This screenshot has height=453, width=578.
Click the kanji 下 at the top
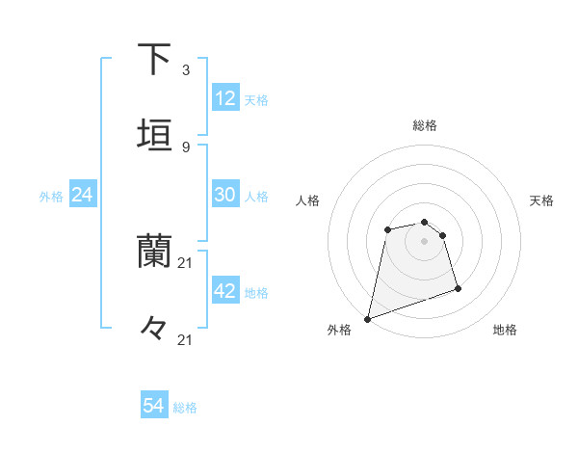[x=154, y=60]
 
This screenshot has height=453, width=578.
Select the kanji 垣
[x=154, y=133]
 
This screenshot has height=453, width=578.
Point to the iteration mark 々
[x=154, y=328]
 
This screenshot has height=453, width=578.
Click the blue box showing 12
[x=225, y=98]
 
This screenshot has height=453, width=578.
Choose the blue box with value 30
[x=225, y=195]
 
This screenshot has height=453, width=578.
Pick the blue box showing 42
[x=225, y=291]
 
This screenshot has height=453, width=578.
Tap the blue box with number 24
[x=83, y=195]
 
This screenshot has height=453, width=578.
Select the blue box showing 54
[x=154, y=407]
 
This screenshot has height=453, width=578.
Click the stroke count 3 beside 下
[x=186, y=70]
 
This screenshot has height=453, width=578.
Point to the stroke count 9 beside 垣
[x=186, y=147]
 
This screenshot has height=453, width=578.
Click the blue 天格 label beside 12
[x=256, y=99]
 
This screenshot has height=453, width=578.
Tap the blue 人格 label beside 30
[x=256, y=196]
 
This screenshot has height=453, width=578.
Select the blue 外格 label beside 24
[x=51, y=196]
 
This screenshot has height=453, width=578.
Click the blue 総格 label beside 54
[x=185, y=408]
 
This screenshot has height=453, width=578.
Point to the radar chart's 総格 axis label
[x=425, y=125]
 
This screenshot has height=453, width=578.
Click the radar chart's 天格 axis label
[x=542, y=200]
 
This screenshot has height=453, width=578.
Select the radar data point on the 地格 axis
[x=458, y=288]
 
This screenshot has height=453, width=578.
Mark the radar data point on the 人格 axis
[x=387, y=229]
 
